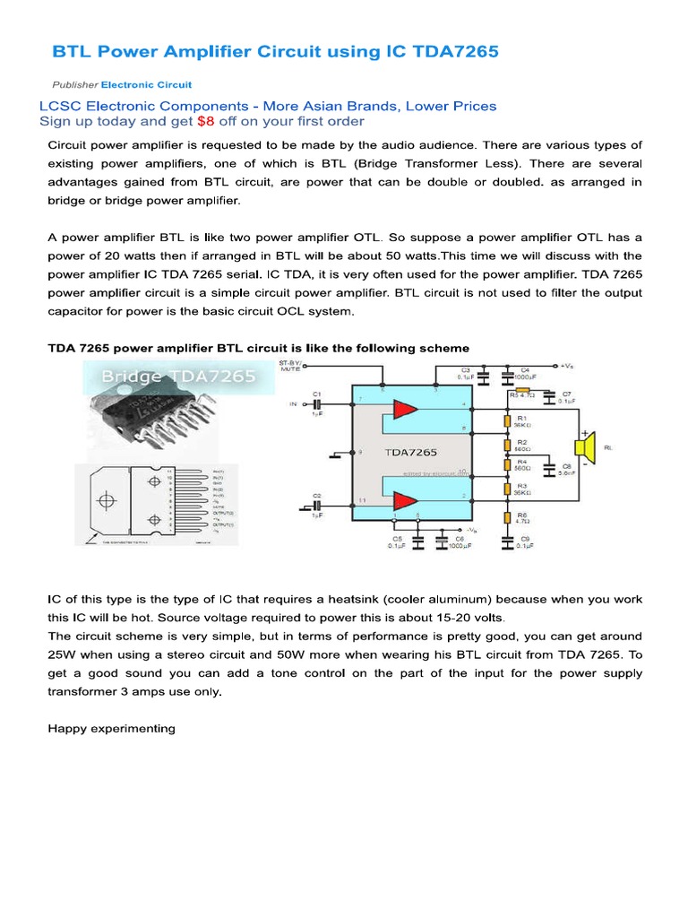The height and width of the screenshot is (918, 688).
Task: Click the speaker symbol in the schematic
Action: tap(585, 446)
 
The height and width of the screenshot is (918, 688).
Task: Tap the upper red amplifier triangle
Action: tap(404, 410)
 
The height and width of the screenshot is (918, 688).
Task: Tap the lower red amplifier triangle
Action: tap(404, 500)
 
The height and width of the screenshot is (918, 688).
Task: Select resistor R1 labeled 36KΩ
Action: tap(508, 420)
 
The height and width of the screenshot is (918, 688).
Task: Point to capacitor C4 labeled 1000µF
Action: tap(509, 378)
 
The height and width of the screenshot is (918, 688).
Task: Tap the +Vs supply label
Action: tap(567, 366)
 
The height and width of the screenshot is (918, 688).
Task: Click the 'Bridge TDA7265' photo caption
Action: tap(166, 377)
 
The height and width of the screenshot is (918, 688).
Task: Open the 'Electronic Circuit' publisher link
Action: tap(146, 85)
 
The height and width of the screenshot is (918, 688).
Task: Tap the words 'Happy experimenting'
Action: tap(111, 728)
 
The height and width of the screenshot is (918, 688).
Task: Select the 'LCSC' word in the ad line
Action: tap(59, 106)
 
